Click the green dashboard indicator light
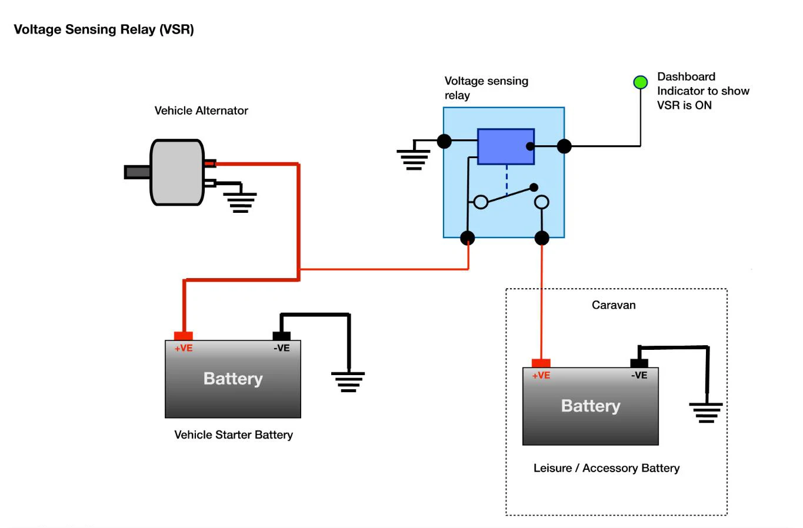(x=640, y=82)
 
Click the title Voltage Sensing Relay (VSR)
(x=104, y=29)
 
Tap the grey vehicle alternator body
(x=177, y=172)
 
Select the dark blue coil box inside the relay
(x=505, y=146)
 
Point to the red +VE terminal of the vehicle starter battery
(x=184, y=336)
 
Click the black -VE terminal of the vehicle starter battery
(x=282, y=336)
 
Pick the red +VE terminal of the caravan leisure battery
(x=541, y=363)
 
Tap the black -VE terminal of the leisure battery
(x=639, y=363)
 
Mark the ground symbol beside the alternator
(x=241, y=202)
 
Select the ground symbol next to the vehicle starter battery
(x=348, y=381)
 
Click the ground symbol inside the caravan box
(x=706, y=412)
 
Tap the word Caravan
(x=614, y=305)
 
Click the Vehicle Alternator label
(x=201, y=111)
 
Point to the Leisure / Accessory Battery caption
(x=607, y=468)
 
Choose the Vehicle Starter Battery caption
(x=234, y=435)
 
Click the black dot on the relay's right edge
(x=564, y=146)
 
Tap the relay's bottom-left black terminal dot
(x=467, y=238)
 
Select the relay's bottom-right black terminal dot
(x=542, y=238)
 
